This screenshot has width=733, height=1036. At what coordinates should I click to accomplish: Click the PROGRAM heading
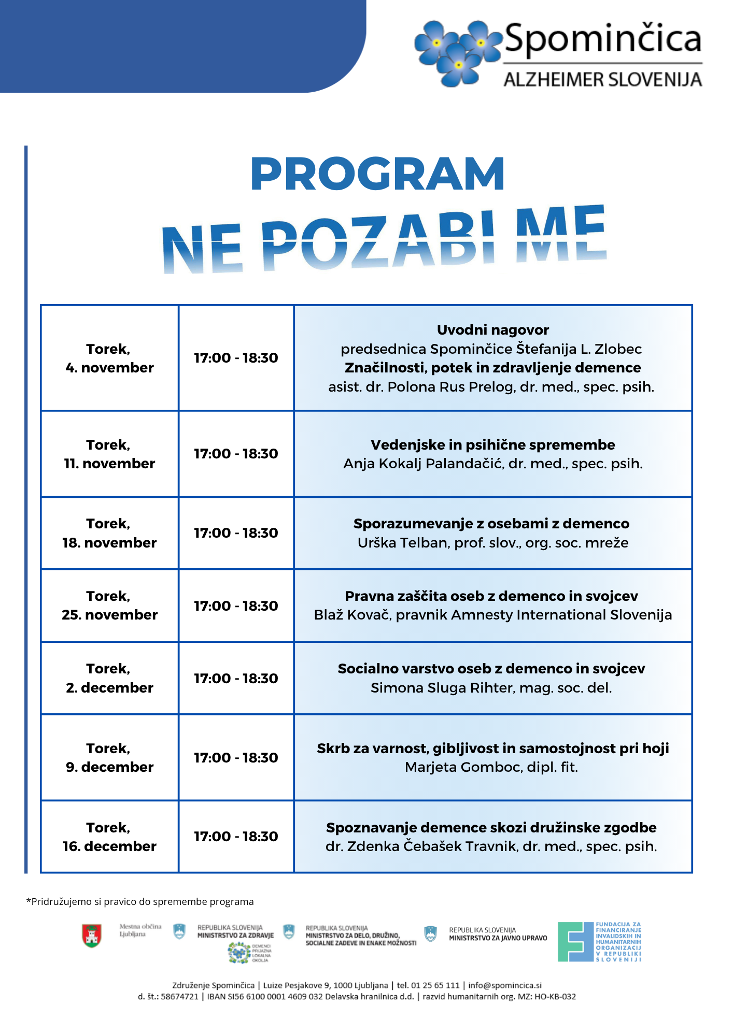pyautogui.click(x=377, y=174)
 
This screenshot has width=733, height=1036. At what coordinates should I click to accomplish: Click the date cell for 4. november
pyautogui.click(x=109, y=358)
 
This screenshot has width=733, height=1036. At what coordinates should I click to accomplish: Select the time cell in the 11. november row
pyautogui.click(x=236, y=454)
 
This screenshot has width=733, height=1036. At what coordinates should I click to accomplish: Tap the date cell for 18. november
pyautogui.click(x=109, y=533)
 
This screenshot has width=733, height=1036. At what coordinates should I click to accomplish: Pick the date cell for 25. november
pyautogui.click(x=109, y=606)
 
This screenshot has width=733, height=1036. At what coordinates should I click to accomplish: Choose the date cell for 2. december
pyautogui.click(x=109, y=678)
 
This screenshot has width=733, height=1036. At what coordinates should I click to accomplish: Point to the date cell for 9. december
pyautogui.click(x=109, y=757)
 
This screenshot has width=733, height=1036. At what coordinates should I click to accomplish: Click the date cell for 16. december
pyautogui.click(x=109, y=837)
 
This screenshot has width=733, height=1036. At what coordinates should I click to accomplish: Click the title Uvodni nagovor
pyautogui.click(x=492, y=330)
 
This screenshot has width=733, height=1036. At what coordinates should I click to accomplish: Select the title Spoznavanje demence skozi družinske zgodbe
pyautogui.click(x=491, y=827)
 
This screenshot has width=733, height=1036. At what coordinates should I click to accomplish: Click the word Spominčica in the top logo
pyautogui.click(x=603, y=39)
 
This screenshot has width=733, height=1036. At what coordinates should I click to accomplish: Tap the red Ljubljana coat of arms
pyautogui.click(x=92, y=936)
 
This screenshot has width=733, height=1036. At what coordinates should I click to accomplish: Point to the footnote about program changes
pyautogui.click(x=140, y=902)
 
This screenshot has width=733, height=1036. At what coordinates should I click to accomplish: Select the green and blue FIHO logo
pyautogui.click(x=575, y=942)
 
